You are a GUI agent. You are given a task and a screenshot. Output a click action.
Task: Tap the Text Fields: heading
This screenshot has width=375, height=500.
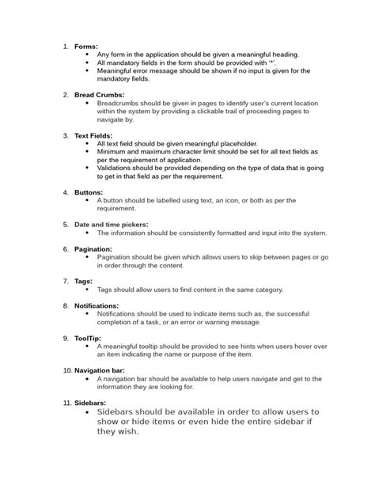coord(93,136)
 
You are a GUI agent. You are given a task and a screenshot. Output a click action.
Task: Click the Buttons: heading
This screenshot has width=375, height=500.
coord(89,192)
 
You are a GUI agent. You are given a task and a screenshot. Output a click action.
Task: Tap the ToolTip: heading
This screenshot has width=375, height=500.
coord(89,338)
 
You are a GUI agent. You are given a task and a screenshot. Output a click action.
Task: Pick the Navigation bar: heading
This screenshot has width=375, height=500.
coord(105,370)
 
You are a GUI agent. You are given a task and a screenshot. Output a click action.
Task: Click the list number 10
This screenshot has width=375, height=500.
coord(66,370)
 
